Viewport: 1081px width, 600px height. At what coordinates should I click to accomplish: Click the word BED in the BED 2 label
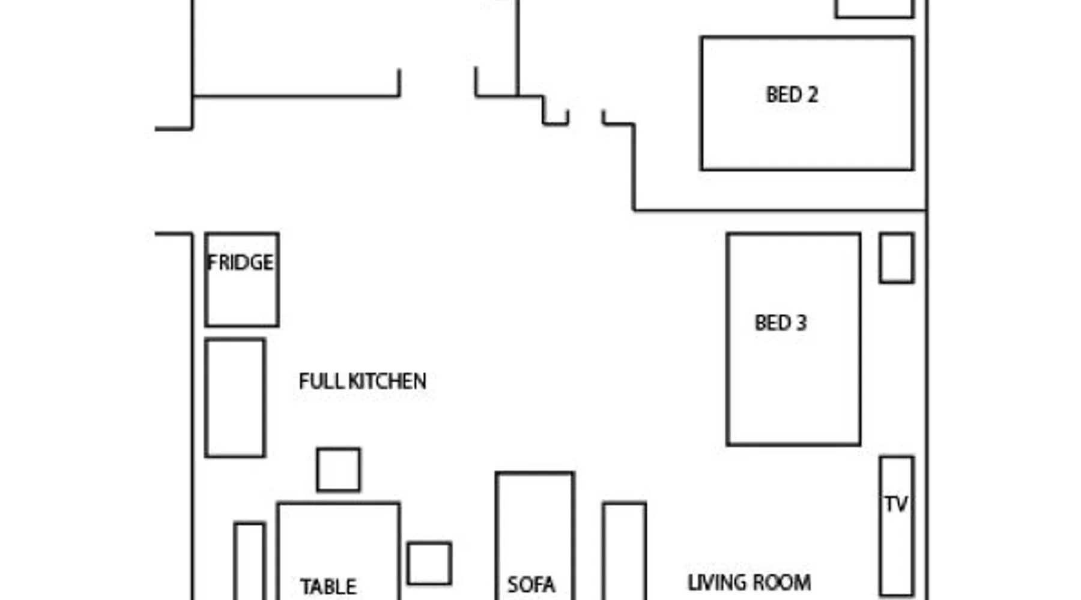(783, 95)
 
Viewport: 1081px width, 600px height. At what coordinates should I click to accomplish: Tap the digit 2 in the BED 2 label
(812, 95)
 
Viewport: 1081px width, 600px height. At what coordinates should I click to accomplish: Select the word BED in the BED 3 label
(772, 323)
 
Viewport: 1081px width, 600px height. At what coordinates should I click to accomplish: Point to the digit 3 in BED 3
(801, 323)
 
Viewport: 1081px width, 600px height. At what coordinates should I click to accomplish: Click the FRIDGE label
(240, 263)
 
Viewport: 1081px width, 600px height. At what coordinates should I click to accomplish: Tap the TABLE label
(328, 586)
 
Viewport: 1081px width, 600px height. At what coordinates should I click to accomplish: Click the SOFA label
(531, 584)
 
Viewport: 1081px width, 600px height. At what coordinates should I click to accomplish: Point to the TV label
(895, 505)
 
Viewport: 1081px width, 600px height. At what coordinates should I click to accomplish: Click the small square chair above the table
(339, 470)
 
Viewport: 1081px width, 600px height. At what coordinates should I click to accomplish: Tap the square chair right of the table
(429, 563)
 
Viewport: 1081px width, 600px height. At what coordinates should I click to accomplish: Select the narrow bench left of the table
(250, 561)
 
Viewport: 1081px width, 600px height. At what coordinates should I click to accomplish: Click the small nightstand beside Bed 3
(897, 258)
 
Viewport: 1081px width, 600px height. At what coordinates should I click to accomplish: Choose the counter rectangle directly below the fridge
(235, 398)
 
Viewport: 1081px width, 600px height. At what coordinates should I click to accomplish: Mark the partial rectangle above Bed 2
(874, 8)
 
